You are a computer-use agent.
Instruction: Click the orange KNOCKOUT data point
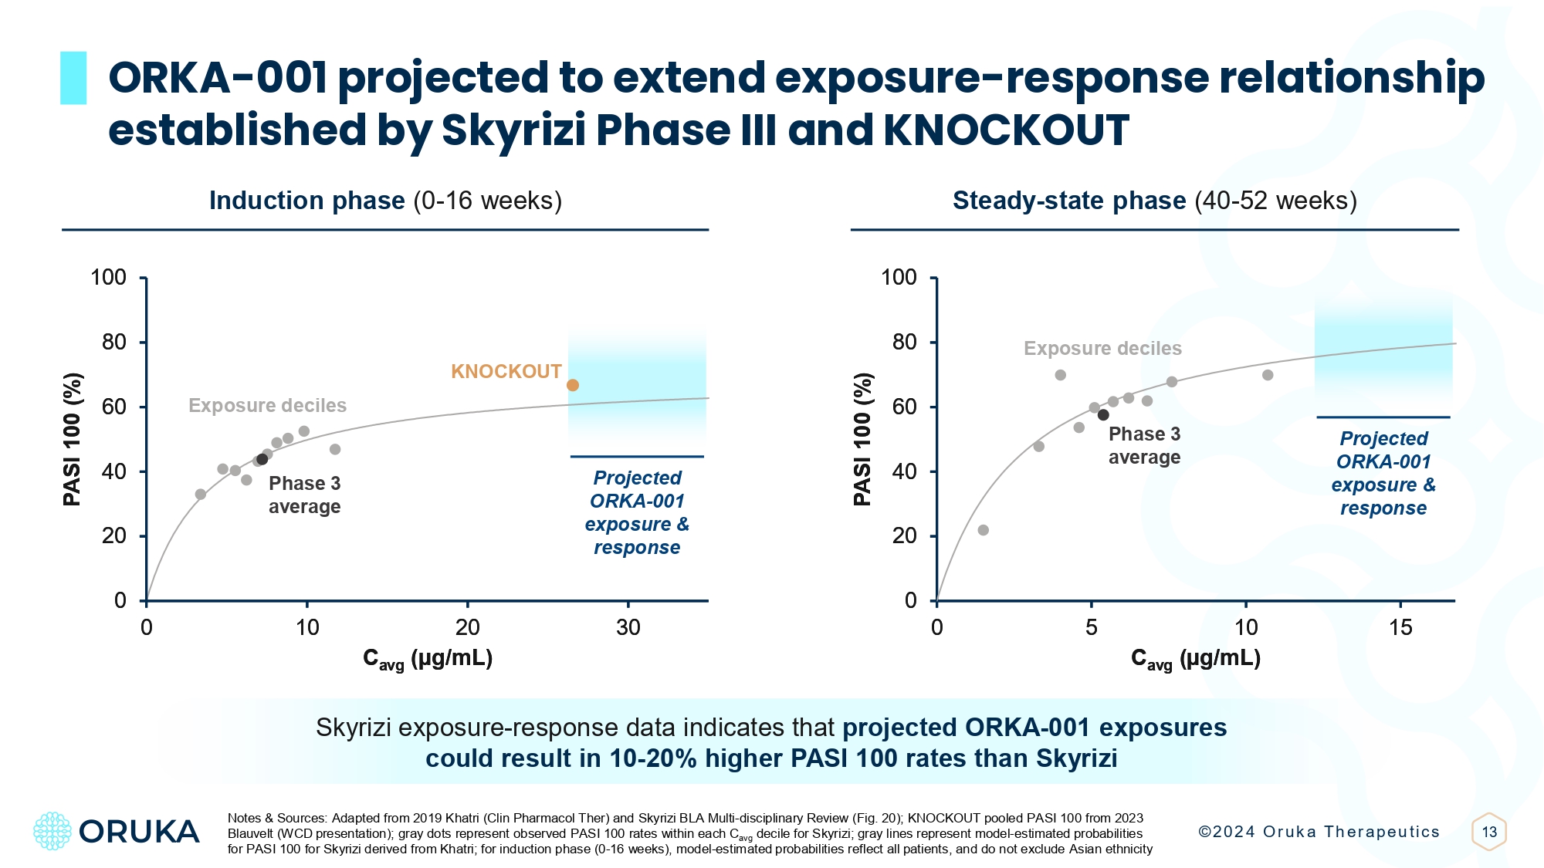573,385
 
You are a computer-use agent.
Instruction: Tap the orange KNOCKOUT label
506,372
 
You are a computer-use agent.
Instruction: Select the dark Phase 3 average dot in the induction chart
262,459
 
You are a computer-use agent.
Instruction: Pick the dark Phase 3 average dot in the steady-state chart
1103,415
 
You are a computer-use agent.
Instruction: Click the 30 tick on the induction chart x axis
628,628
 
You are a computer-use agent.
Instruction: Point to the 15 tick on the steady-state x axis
1400,628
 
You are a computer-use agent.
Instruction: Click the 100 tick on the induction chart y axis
109,278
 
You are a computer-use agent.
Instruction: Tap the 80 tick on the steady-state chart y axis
904,342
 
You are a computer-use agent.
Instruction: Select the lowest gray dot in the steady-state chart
983,530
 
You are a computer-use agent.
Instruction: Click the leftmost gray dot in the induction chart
201,494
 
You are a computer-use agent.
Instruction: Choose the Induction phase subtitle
385,201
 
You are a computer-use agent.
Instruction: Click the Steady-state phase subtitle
1154,201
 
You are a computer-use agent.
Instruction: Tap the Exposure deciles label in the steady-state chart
1102,349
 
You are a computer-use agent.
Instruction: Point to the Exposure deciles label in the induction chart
267,406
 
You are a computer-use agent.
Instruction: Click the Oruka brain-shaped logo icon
52,831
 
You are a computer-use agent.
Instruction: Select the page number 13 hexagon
1489,832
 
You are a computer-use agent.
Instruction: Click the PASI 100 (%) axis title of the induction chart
73,440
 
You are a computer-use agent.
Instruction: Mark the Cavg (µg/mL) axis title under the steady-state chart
1195,659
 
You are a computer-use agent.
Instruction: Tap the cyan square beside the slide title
73,78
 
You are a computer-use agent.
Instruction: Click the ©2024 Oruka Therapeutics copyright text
1319,832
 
